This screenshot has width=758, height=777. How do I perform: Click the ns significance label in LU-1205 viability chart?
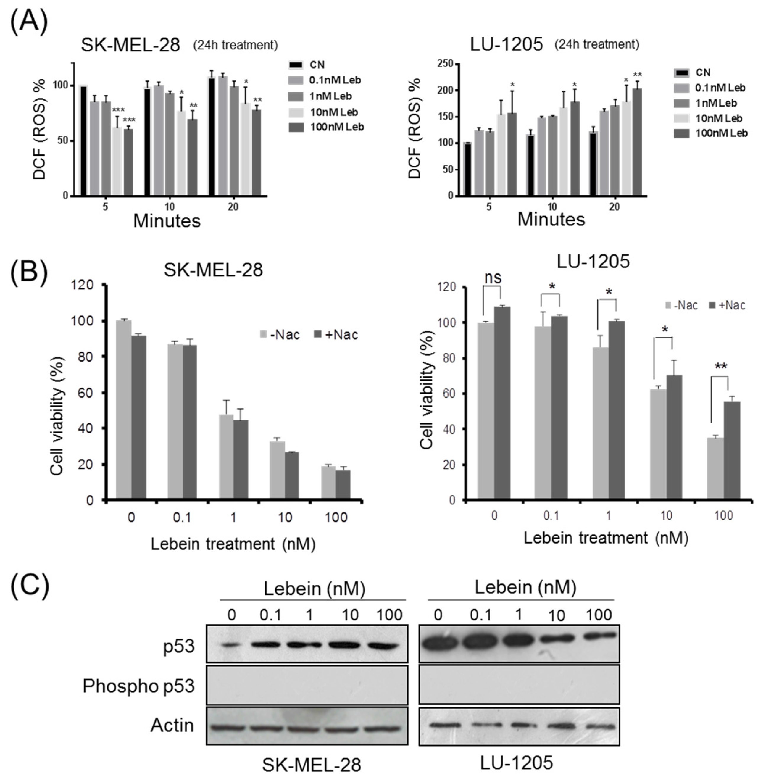[x=493, y=278]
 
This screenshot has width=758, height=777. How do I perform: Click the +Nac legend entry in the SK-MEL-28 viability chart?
[x=336, y=335]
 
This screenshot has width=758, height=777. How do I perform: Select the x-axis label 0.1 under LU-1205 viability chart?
[x=551, y=515]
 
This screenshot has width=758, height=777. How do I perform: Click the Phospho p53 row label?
[x=138, y=686]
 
